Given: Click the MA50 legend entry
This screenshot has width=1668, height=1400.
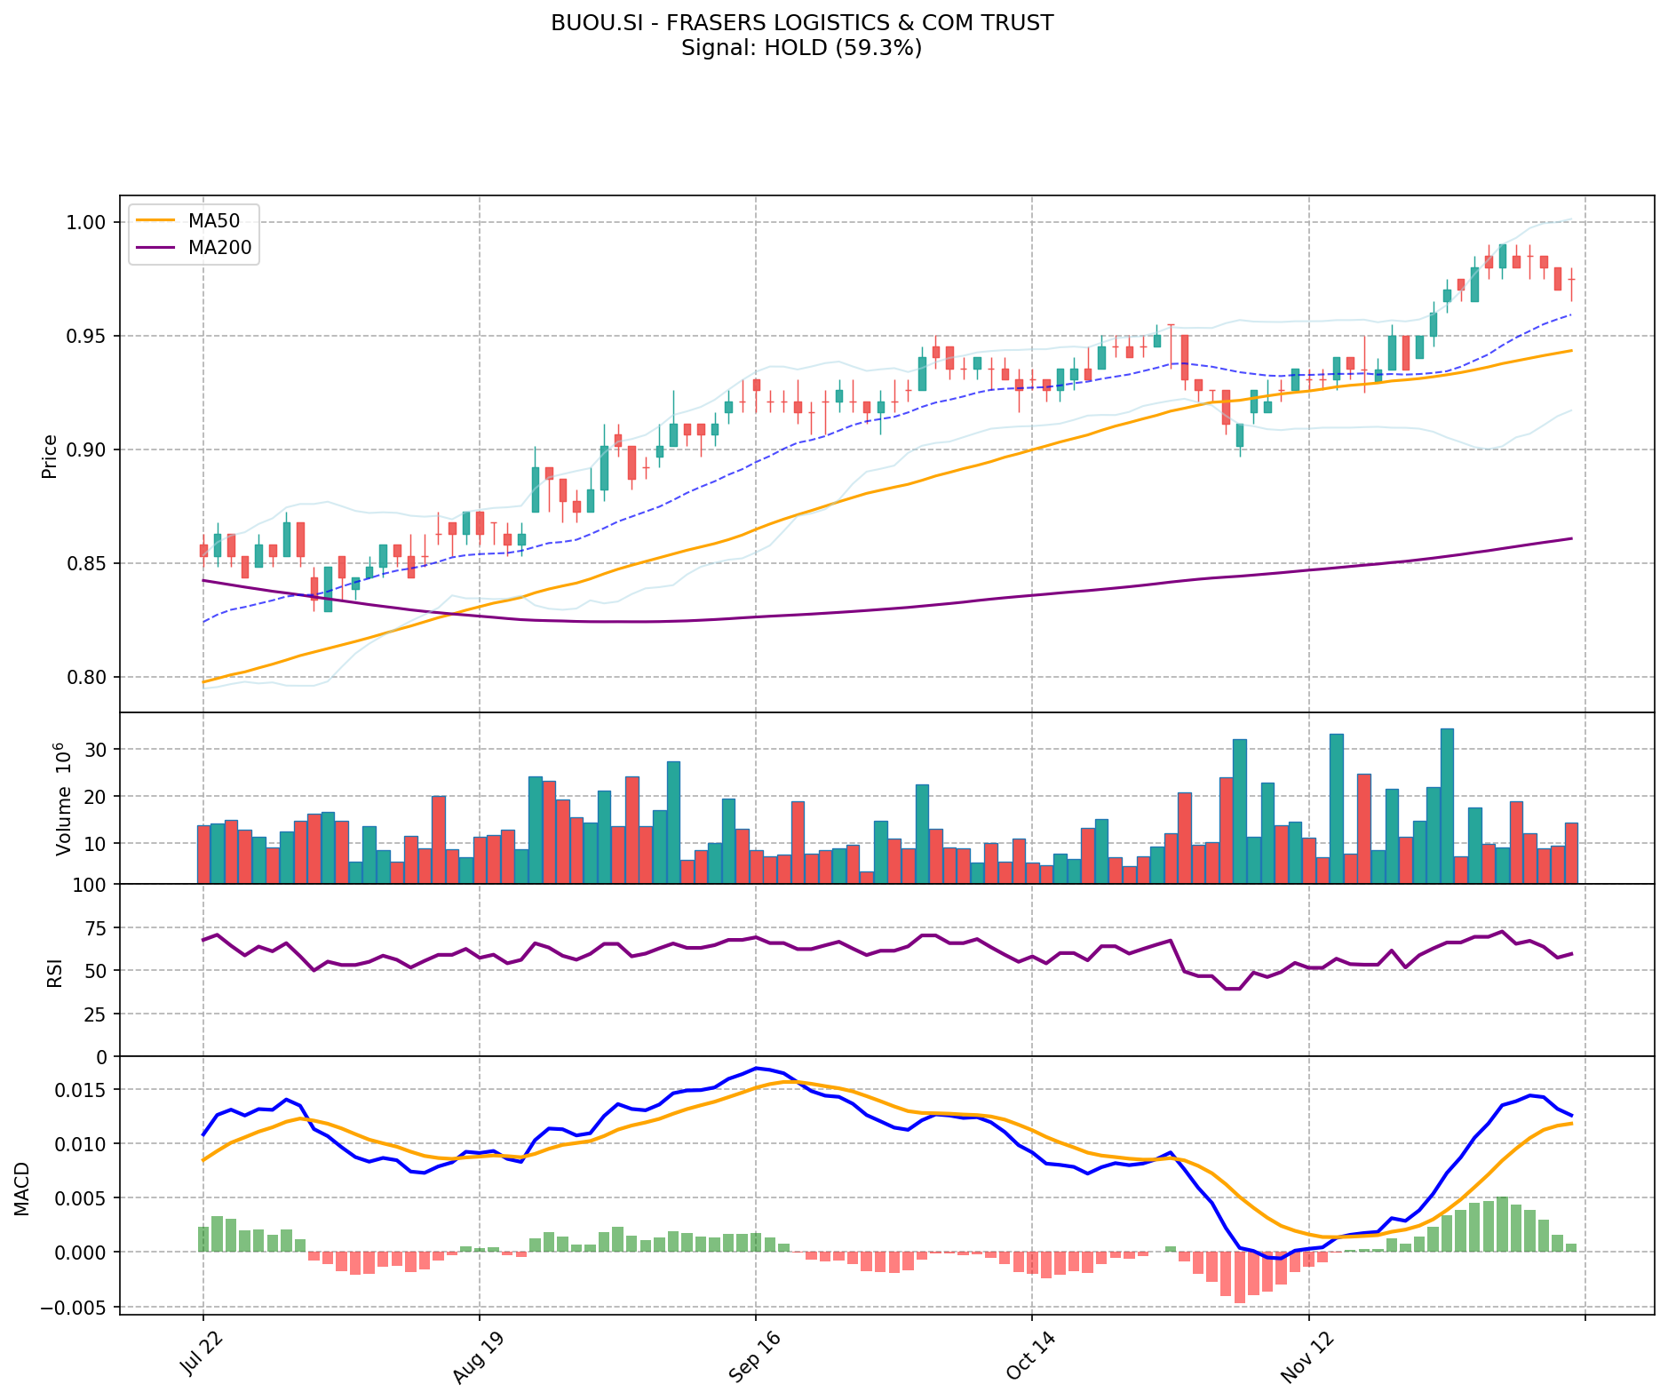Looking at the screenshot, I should pos(213,220).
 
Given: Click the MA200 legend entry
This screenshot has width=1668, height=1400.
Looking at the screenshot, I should pos(219,248).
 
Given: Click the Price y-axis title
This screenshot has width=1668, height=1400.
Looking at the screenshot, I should pos(50,456).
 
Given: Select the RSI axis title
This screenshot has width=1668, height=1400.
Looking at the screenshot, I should pos(55,972).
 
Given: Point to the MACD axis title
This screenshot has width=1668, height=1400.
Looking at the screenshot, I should pos(22,1189).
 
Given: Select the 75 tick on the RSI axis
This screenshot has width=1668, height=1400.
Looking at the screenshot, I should pos(96,928).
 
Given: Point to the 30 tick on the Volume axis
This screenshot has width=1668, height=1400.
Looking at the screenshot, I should pos(97,750).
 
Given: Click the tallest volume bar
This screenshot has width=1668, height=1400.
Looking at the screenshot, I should pos(1447,806).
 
